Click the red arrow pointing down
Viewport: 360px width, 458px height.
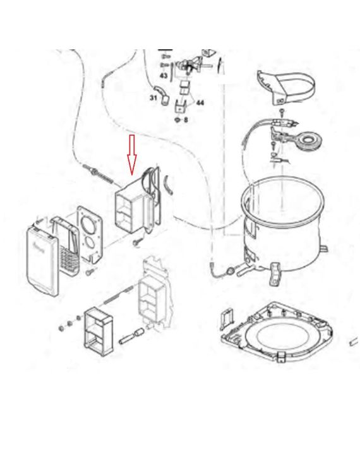click(132, 155)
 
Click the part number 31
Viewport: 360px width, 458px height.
click(153, 97)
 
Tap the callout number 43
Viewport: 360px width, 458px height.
click(164, 75)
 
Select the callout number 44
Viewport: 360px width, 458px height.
click(200, 103)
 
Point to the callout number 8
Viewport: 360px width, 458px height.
click(186, 119)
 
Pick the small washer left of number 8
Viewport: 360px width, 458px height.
click(177, 119)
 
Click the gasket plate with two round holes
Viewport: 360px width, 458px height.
click(90, 233)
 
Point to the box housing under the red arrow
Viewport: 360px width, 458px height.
click(131, 206)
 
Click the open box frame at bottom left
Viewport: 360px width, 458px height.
click(99, 331)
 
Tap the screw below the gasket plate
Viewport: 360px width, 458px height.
click(90, 272)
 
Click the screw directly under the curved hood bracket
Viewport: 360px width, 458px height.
click(282, 112)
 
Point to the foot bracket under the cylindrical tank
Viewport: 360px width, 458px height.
click(275, 274)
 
